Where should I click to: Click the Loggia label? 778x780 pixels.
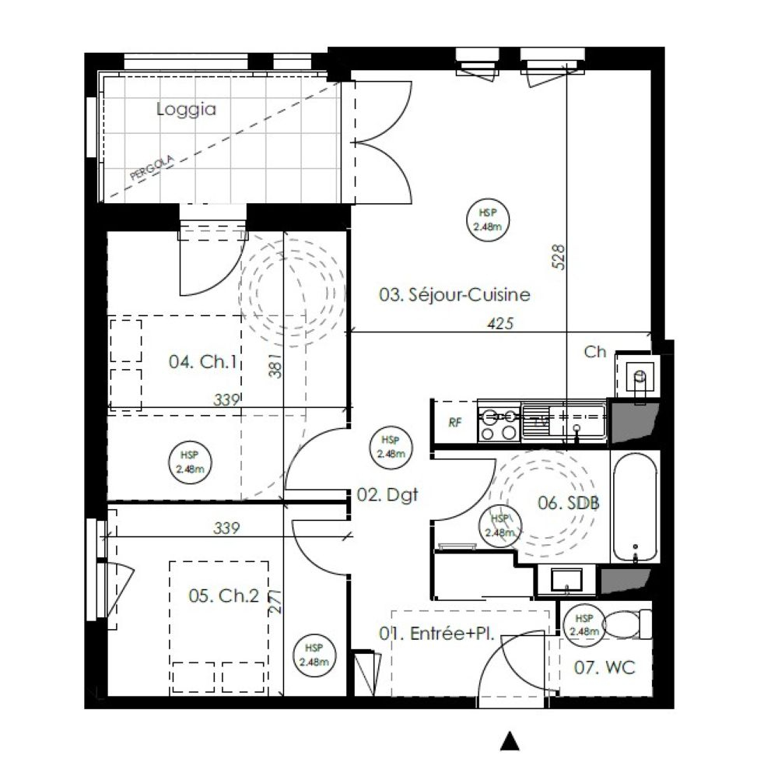click(187, 109)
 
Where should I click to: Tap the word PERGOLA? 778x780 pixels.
click(152, 167)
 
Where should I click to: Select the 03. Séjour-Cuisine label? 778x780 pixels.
click(454, 294)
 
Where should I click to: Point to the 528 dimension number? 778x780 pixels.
click(559, 257)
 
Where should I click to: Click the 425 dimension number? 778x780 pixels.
click(500, 323)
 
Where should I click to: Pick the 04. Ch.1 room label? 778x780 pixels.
click(203, 362)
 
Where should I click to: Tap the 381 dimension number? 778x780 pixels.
click(275, 366)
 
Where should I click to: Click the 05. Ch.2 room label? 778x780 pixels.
click(224, 596)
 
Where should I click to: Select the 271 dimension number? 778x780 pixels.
click(275, 602)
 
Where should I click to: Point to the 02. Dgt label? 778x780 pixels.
click(387, 495)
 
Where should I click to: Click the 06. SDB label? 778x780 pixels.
click(569, 503)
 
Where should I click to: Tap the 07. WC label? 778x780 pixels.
click(605, 667)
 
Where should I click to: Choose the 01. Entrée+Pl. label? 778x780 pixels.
click(436, 634)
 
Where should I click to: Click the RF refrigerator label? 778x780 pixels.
click(455, 423)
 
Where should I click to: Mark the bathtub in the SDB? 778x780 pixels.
click(636, 508)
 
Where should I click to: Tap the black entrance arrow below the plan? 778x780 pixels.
click(510, 740)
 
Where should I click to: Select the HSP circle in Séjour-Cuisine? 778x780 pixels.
click(488, 220)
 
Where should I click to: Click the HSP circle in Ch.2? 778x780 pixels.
click(314, 655)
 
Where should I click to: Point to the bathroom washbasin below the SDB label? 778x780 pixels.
click(566, 581)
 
